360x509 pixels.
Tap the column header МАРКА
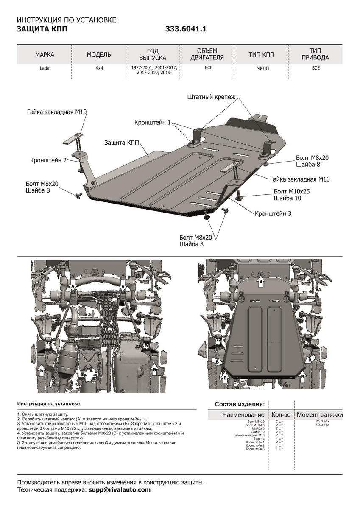tap(45, 55)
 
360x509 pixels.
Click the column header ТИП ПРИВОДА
tap(315, 54)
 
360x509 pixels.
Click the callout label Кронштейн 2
tap(48, 161)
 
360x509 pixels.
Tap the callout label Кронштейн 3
tap(273, 213)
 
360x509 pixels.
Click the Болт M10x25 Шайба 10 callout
tap(292, 195)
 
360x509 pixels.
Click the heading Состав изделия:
tap(240, 404)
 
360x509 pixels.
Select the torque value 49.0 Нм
tap(322, 425)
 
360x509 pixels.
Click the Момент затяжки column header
tap(319, 414)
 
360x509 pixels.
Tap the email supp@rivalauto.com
tap(120, 490)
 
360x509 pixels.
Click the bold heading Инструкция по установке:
tap(49, 403)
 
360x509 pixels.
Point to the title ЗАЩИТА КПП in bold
tap(42, 29)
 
